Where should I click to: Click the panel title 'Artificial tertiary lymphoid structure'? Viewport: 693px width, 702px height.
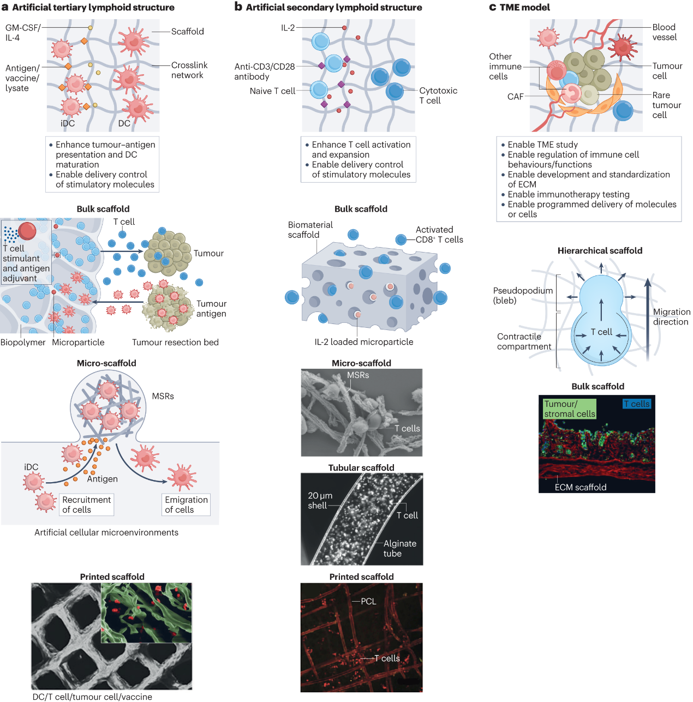click(x=93, y=8)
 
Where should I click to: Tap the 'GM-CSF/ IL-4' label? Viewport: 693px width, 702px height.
click(x=22, y=32)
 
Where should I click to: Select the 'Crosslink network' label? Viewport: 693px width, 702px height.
click(x=189, y=70)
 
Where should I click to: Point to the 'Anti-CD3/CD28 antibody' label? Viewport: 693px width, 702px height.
click(x=264, y=71)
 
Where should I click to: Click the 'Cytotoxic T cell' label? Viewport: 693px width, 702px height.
click(x=438, y=95)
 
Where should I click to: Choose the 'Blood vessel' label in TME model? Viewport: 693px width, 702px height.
click(x=664, y=32)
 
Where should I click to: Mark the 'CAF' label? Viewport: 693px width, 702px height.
click(x=515, y=97)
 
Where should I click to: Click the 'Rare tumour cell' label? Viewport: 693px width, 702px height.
click(x=666, y=105)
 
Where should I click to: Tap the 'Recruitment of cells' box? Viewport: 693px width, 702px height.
click(x=86, y=505)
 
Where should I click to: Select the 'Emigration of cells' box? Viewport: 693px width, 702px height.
click(x=186, y=505)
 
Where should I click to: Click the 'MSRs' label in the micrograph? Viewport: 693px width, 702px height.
click(x=358, y=375)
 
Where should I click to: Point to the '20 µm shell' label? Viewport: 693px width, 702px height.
click(x=320, y=501)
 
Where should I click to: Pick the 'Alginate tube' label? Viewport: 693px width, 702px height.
click(x=399, y=548)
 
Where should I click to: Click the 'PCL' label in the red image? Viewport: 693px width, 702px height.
click(x=368, y=601)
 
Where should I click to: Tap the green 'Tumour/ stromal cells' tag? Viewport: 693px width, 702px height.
click(x=569, y=409)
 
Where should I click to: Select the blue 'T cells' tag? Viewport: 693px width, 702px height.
click(x=637, y=404)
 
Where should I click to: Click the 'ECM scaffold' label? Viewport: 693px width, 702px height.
click(x=580, y=487)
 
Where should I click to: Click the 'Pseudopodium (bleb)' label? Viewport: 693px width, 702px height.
click(x=522, y=295)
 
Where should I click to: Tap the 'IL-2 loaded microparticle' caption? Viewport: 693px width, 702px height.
click(x=363, y=342)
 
